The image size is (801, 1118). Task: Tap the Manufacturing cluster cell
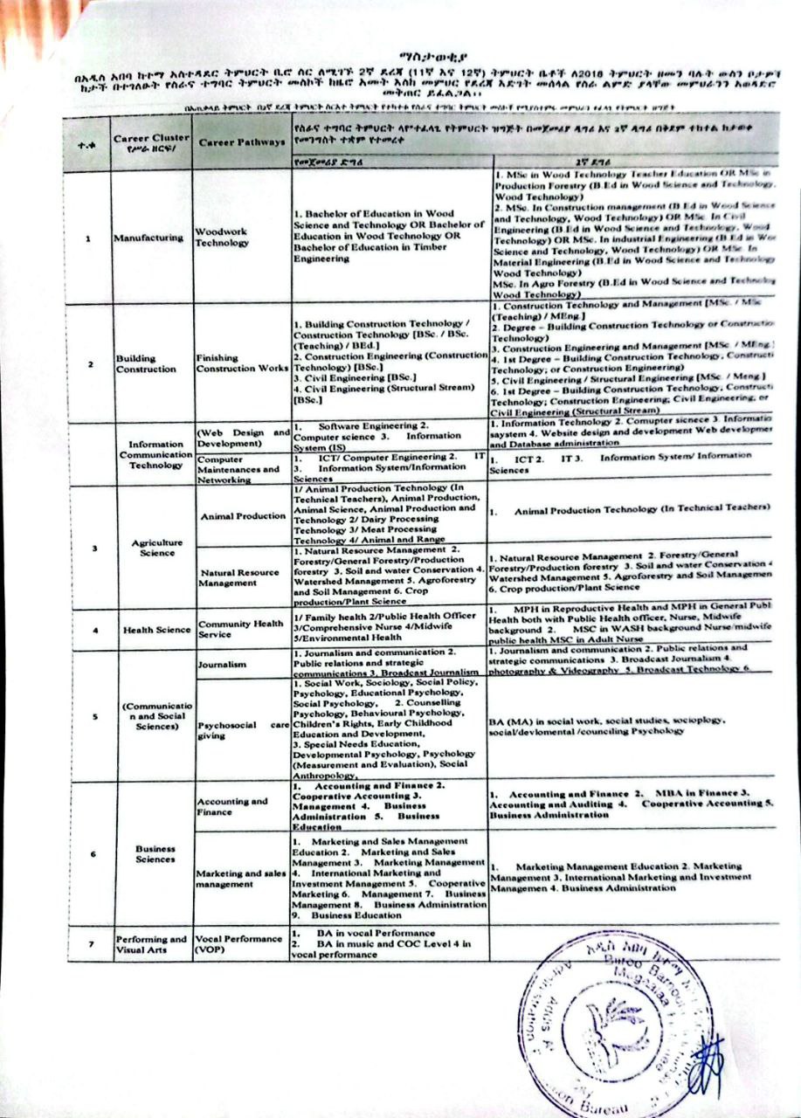coord(148,238)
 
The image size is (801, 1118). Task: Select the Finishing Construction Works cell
coord(238,363)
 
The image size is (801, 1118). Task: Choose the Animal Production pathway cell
coord(243,516)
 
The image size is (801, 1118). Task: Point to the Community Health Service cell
coord(239,630)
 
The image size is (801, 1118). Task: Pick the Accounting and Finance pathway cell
coord(231,806)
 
